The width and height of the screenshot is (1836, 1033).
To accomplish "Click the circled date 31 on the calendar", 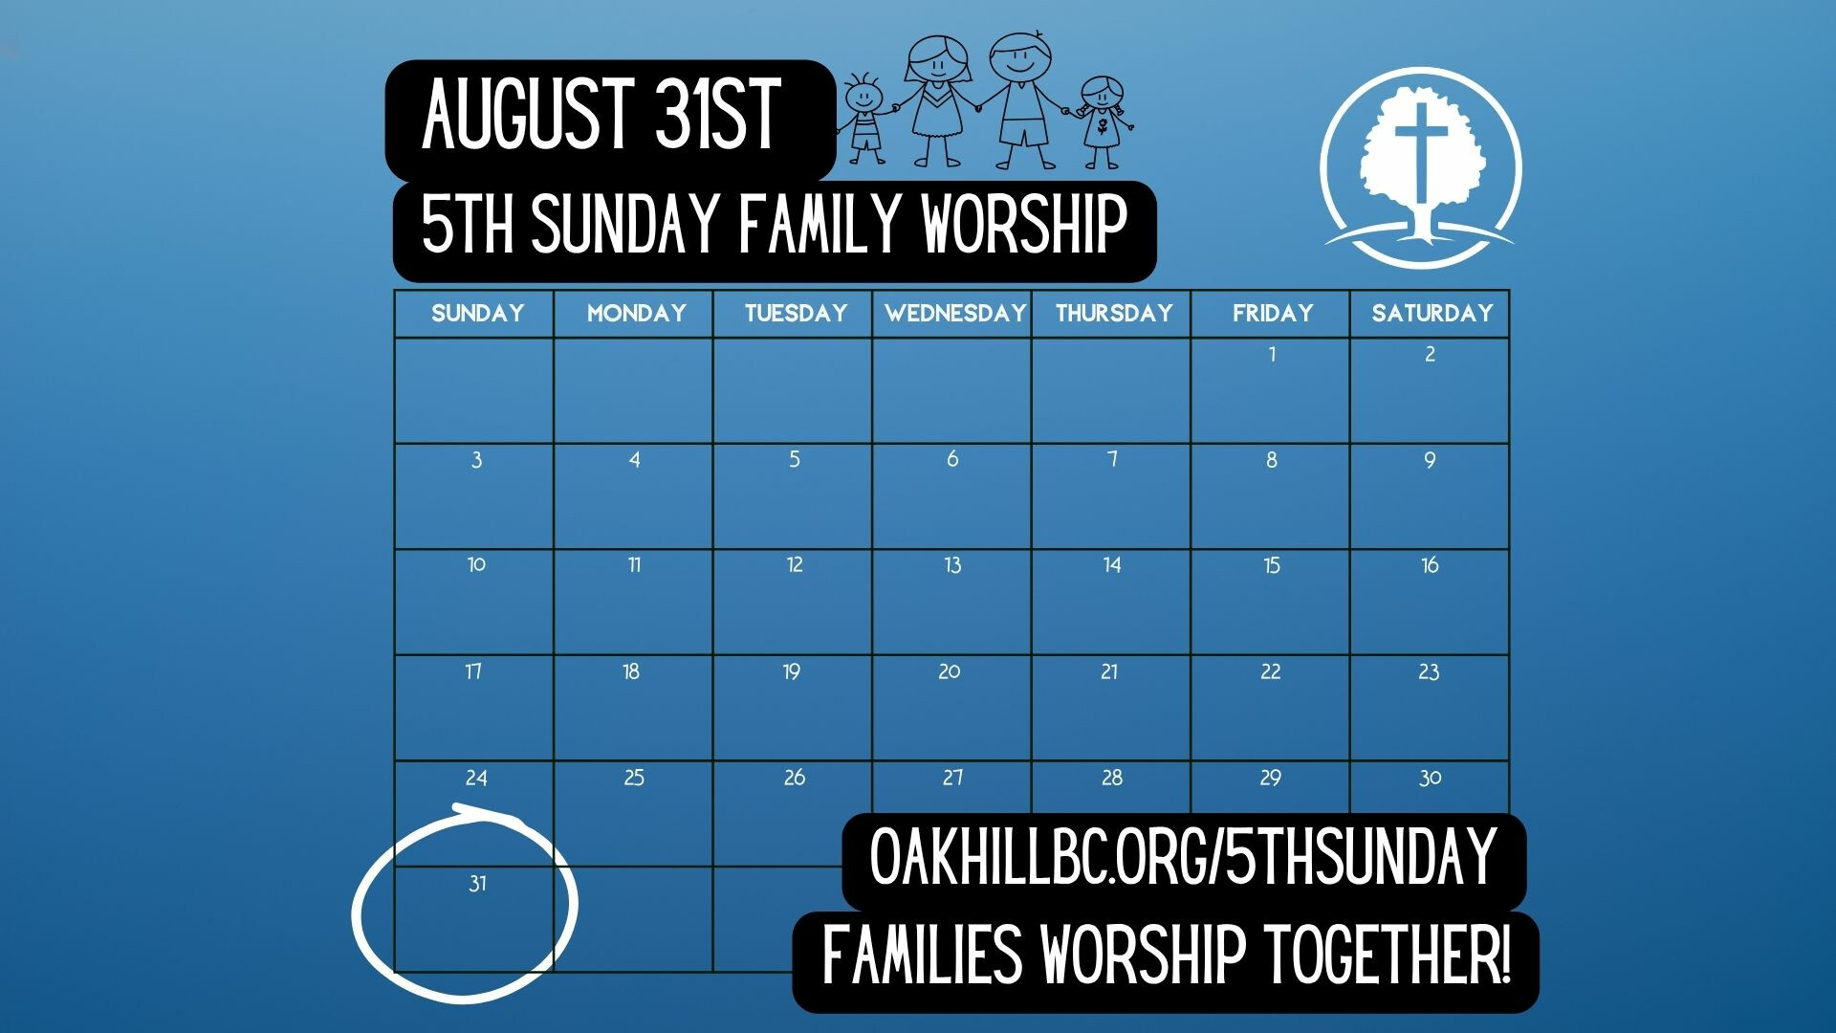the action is pyautogui.click(x=477, y=884).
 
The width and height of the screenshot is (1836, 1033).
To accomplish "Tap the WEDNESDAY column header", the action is pyautogui.click(x=954, y=313).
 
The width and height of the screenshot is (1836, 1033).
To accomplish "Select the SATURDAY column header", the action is pyautogui.click(x=1432, y=313).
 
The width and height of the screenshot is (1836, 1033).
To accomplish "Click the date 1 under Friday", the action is pyautogui.click(x=1272, y=354).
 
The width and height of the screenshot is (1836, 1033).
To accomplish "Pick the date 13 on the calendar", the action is pyautogui.click(x=952, y=565).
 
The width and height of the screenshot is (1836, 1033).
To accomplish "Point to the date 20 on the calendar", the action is pyautogui.click(x=949, y=671).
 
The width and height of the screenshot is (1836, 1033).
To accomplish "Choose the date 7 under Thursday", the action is pyautogui.click(x=1112, y=459).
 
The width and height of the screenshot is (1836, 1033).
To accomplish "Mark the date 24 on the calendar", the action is pyautogui.click(x=476, y=778).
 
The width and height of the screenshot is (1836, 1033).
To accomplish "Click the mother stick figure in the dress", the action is pyautogui.click(x=939, y=100).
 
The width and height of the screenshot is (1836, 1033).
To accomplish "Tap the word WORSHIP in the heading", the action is pyautogui.click(x=1024, y=223).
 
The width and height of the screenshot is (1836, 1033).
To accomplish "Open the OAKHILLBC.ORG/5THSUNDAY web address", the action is pyautogui.click(x=1183, y=858).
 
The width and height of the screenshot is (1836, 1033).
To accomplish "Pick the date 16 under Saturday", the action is pyautogui.click(x=1430, y=565).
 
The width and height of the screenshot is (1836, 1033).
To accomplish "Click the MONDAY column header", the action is pyautogui.click(x=636, y=313).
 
